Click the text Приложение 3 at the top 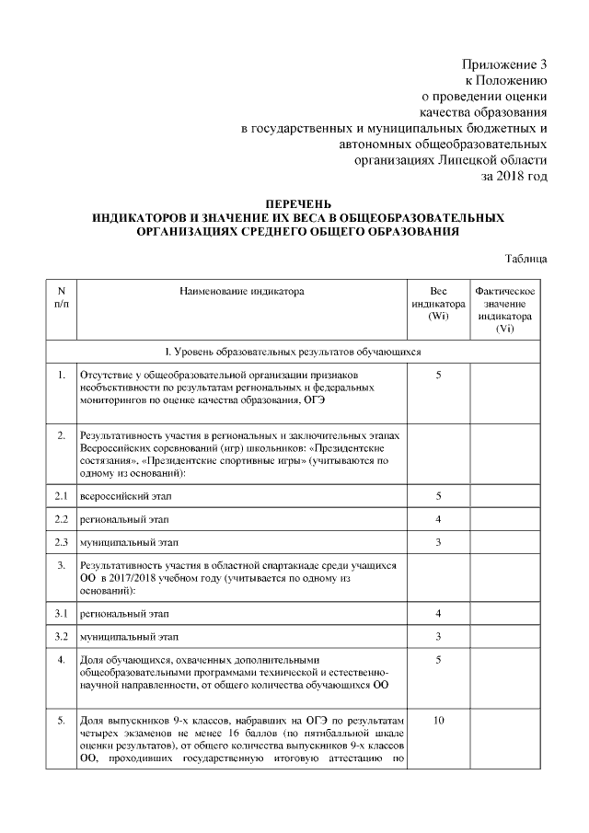click(x=503, y=65)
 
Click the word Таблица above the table click(x=527, y=259)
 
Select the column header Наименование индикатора click(x=241, y=291)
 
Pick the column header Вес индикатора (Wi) click(x=438, y=304)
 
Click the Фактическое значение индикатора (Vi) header click(x=504, y=310)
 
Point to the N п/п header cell click(x=61, y=297)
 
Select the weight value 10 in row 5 click(x=438, y=721)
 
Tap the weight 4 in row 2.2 click(x=438, y=519)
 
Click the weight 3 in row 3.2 click(x=438, y=636)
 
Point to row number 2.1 click(x=61, y=496)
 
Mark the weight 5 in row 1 click(x=438, y=376)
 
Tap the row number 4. click(x=61, y=660)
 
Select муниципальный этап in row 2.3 click(x=125, y=542)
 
